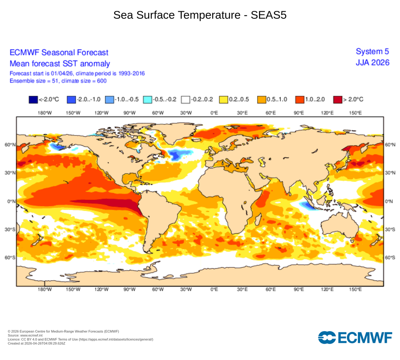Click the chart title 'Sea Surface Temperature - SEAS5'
(x=200, y=15)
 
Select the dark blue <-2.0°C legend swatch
(x=33, y=100)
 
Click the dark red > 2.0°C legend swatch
(x=337, y=100)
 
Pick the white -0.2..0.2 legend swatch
(x=186, y=100)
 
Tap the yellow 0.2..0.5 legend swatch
(x=223, y=100)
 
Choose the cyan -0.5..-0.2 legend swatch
(x=147, y=100)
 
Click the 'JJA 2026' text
(x=372, y=62)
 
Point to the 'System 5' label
(x=372, y=52)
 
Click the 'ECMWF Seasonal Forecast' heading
(x=59, y=52)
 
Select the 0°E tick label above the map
(x=214, y=113)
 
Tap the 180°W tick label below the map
(x=45, y=290)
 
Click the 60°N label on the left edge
(x=10, y=145)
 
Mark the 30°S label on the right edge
(x=389, y=230)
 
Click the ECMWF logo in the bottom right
(x=355, y=337)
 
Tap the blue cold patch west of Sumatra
(x=307, y=205)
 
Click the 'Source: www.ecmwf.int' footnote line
(x=24, y=335)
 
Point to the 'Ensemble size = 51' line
(x=58, y=81)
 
